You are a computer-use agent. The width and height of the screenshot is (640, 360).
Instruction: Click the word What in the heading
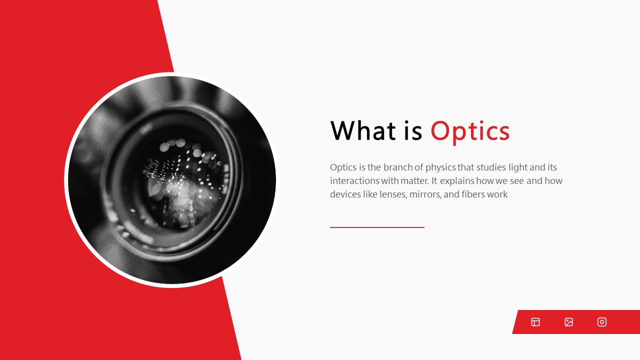(363, 131)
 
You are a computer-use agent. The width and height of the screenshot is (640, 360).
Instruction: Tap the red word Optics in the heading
(470, 131)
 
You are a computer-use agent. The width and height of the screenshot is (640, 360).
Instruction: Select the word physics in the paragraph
(440, 167)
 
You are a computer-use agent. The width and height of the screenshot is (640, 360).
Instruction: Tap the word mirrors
(425, 194)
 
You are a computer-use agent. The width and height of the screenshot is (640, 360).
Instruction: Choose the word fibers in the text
(472, 194)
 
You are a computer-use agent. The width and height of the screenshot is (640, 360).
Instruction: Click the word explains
(456, 181)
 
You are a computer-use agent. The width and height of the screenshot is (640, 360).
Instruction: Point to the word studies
(491, 167)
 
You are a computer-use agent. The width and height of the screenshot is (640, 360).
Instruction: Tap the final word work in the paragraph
(497, 194)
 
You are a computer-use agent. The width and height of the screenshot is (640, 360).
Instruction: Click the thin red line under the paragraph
(377, 227)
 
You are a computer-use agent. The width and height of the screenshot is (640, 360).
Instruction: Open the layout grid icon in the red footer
(535, 322)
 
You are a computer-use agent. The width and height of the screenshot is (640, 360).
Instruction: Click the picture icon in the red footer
(568, 322)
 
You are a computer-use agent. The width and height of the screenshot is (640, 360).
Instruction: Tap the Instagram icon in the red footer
(602, 322)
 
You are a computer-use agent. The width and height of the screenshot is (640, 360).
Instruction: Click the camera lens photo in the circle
(171, 180)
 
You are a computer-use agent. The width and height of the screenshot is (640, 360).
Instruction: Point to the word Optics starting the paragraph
(343, 167)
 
